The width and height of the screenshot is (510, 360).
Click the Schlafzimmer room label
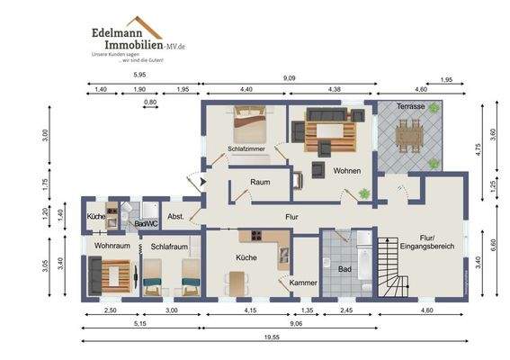point(246,148)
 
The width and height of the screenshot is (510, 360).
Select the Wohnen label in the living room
point(346,170)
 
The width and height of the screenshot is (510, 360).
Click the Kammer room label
point(303,283)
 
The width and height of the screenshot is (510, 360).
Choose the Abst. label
point(176,216)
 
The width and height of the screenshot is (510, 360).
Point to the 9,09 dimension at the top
point(289,78)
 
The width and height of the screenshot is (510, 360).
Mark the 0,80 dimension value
point(150,103)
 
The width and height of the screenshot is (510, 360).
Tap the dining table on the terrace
point(409,136)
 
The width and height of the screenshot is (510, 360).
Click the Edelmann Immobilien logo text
point(128,36)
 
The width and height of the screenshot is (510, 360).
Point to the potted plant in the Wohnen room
point(363,193)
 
